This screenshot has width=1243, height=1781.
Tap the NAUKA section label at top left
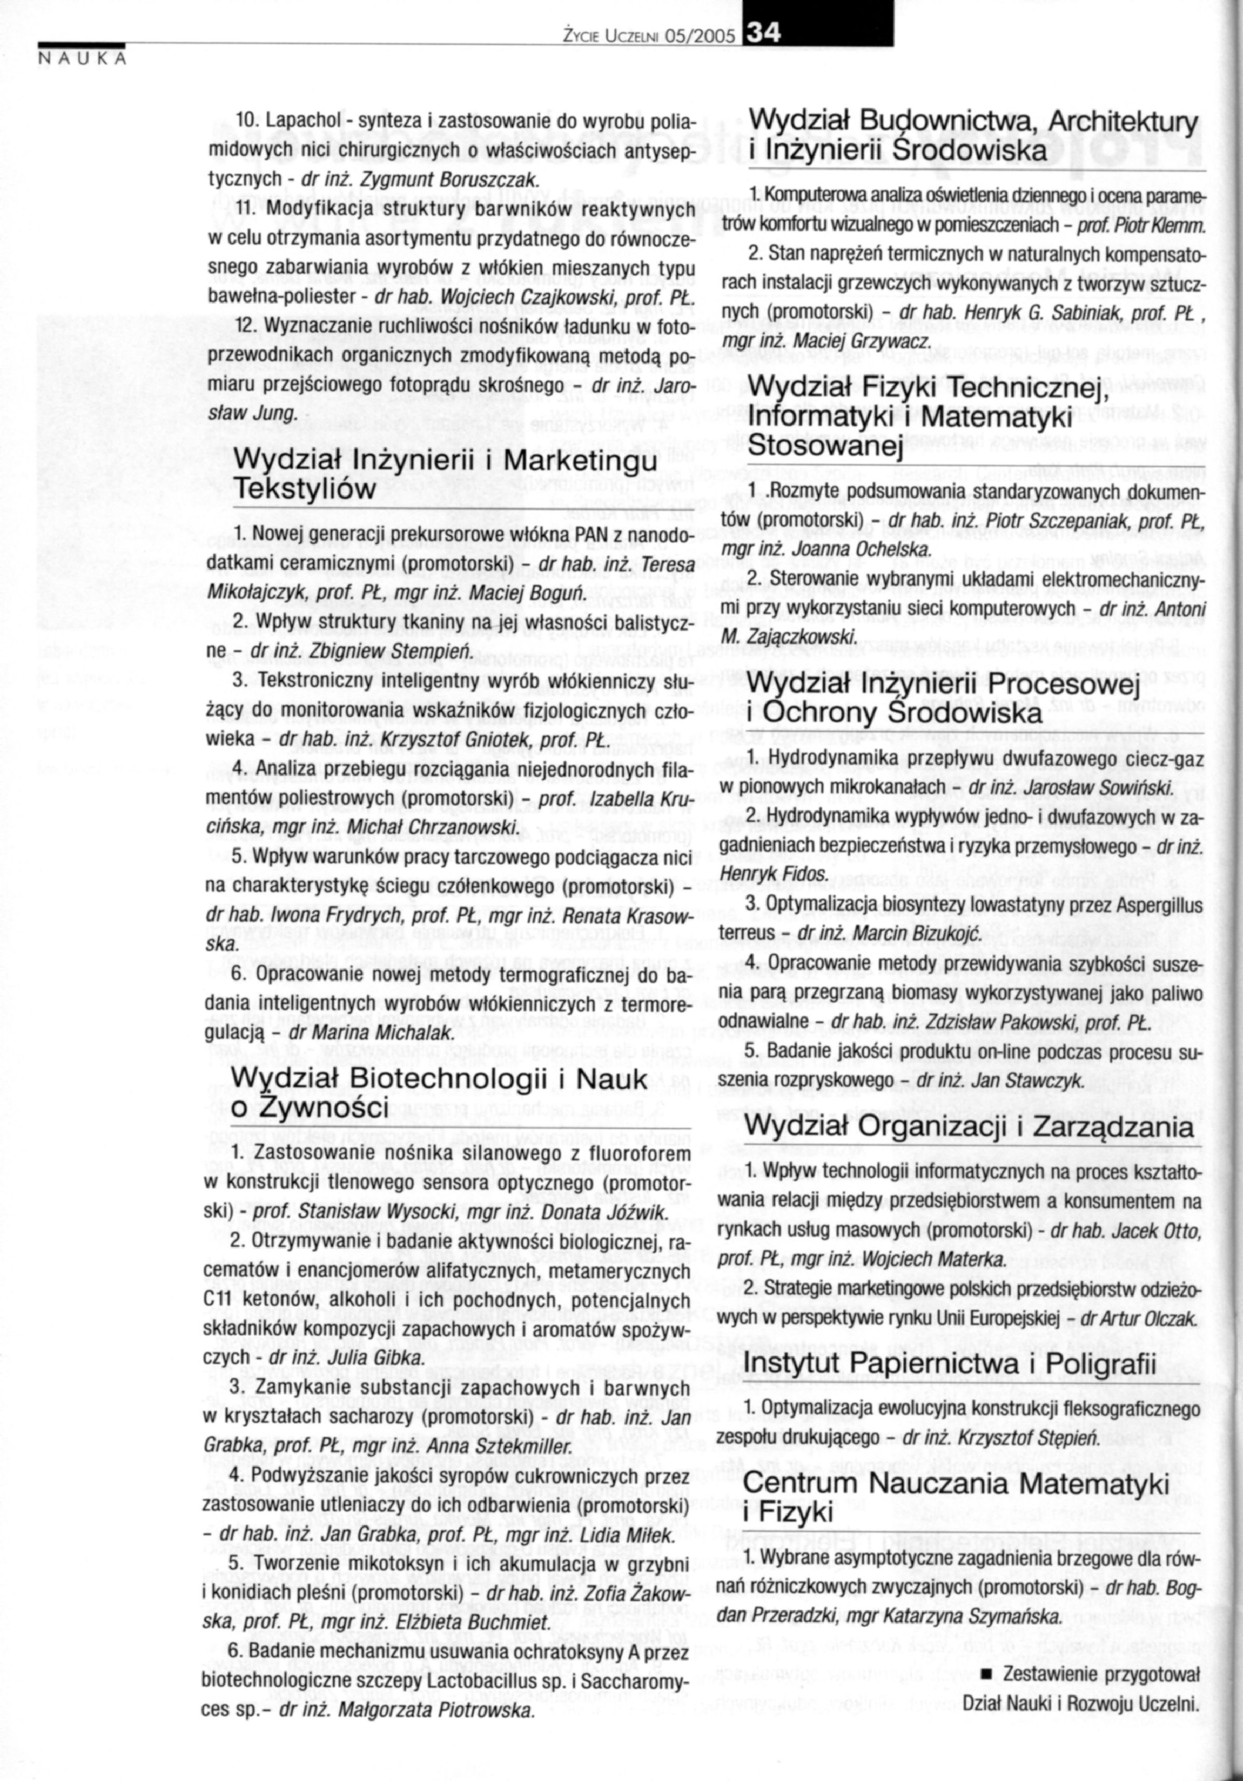point(81,60)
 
